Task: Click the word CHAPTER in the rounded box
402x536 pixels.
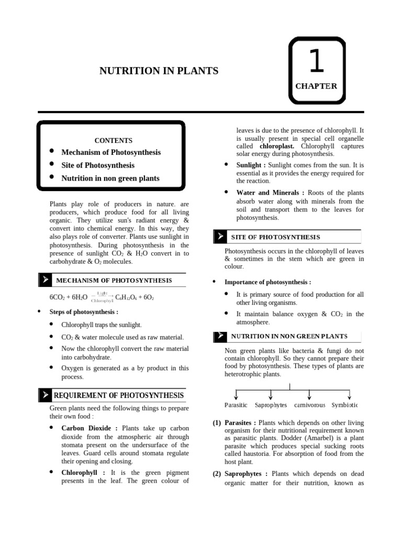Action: pos(316,86)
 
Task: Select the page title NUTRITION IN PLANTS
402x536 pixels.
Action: pos(159,71)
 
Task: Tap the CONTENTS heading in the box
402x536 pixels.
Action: pos(113,140)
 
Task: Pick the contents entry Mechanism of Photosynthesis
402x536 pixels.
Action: pos(111,152)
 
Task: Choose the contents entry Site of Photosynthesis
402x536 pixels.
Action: pos(98,165)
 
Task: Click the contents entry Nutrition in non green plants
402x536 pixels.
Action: pos(110,178)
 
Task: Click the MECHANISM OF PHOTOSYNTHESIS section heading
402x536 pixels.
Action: pos(114,281)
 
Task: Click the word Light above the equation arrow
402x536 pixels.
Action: pos(103,293)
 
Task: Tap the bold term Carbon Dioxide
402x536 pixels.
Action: pos(86,428)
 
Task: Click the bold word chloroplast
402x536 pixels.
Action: pos(276,146)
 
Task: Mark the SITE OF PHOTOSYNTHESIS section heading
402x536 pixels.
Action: pos(275,238)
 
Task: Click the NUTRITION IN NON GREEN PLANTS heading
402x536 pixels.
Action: pos(289,336)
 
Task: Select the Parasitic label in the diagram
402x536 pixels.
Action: pos(236,405)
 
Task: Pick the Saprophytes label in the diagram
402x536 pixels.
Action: pos(271,405)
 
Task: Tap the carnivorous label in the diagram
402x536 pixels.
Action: pos(309,405)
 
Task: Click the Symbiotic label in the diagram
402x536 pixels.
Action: pos(344,405)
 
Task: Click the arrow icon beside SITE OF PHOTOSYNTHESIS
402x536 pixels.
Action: pos(220,237)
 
